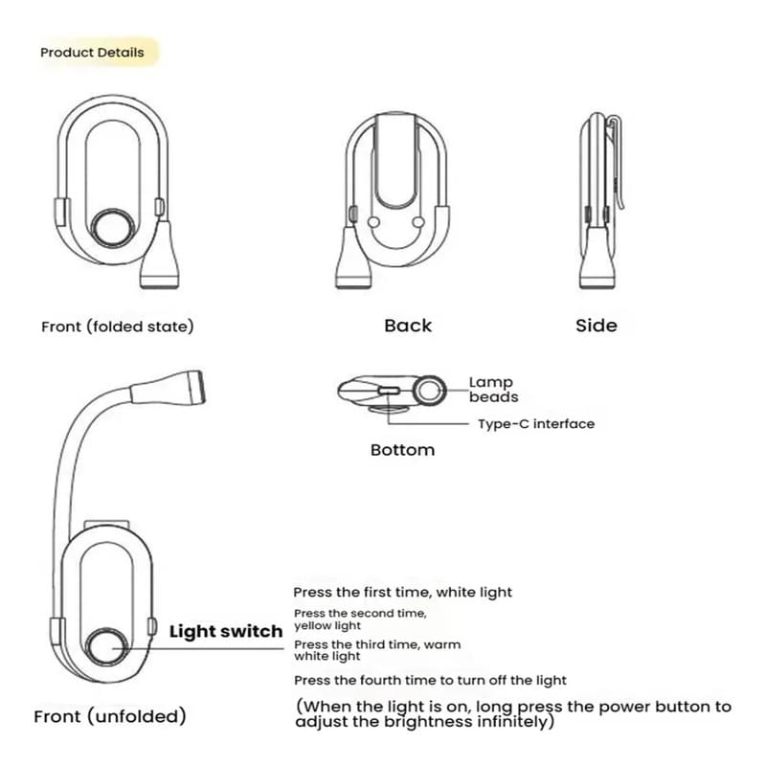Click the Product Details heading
click(x=92, y=53)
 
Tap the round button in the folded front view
click(x=113, y=228)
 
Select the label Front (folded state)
click(x=117, y=326)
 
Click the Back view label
click(x=408, y=326)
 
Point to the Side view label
click(x=596, y=326)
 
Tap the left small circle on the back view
click(x=373, y=222)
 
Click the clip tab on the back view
click(x=396, y=161)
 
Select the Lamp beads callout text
click(x=493, y=390)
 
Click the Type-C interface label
click(x=536, y=423)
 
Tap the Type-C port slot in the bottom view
click(x=390, y=391)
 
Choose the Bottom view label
click(x=402, y=450)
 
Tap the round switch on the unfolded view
click(x=107, y=647)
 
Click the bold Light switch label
click(x=226, y=631)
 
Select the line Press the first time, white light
click(x=402, y=592)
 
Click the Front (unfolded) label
click(x=110, y=716)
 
